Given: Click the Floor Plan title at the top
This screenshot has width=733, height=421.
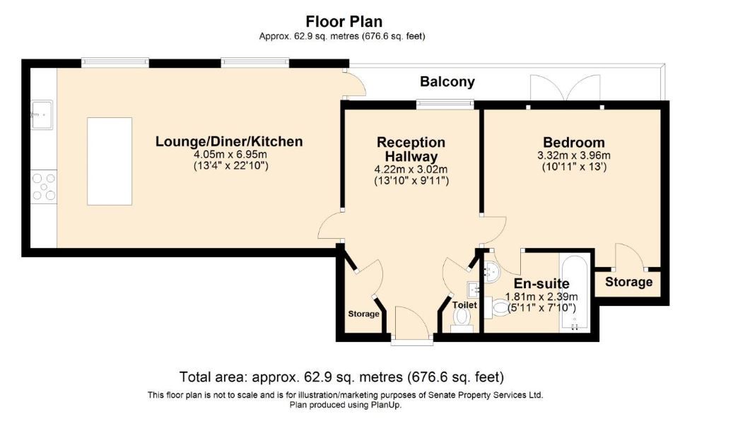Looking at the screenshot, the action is point(344,21).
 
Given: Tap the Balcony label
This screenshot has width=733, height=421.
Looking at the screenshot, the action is point(447,82).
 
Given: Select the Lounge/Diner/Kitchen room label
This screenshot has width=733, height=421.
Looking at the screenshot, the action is point(229,141).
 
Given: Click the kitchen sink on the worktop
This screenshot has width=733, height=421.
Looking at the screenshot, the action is point(42,114).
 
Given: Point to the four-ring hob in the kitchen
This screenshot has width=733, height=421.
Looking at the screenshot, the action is point(44,187).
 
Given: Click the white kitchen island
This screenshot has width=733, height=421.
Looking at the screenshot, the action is point(110,161).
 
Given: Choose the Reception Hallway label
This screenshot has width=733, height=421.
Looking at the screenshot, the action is point(411,149).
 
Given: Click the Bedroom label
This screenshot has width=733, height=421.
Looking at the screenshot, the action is point(573,142).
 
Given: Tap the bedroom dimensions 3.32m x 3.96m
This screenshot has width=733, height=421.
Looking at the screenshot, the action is point(573,155).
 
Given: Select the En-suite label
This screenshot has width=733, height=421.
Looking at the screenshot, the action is point(541,284).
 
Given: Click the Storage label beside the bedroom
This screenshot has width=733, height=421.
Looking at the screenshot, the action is point(629,282).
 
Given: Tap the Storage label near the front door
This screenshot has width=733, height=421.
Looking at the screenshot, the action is point(363,314).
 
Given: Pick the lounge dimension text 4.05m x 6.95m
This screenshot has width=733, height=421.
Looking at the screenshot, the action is point(230,155).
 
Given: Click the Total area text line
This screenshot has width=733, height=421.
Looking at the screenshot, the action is point(341,376).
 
